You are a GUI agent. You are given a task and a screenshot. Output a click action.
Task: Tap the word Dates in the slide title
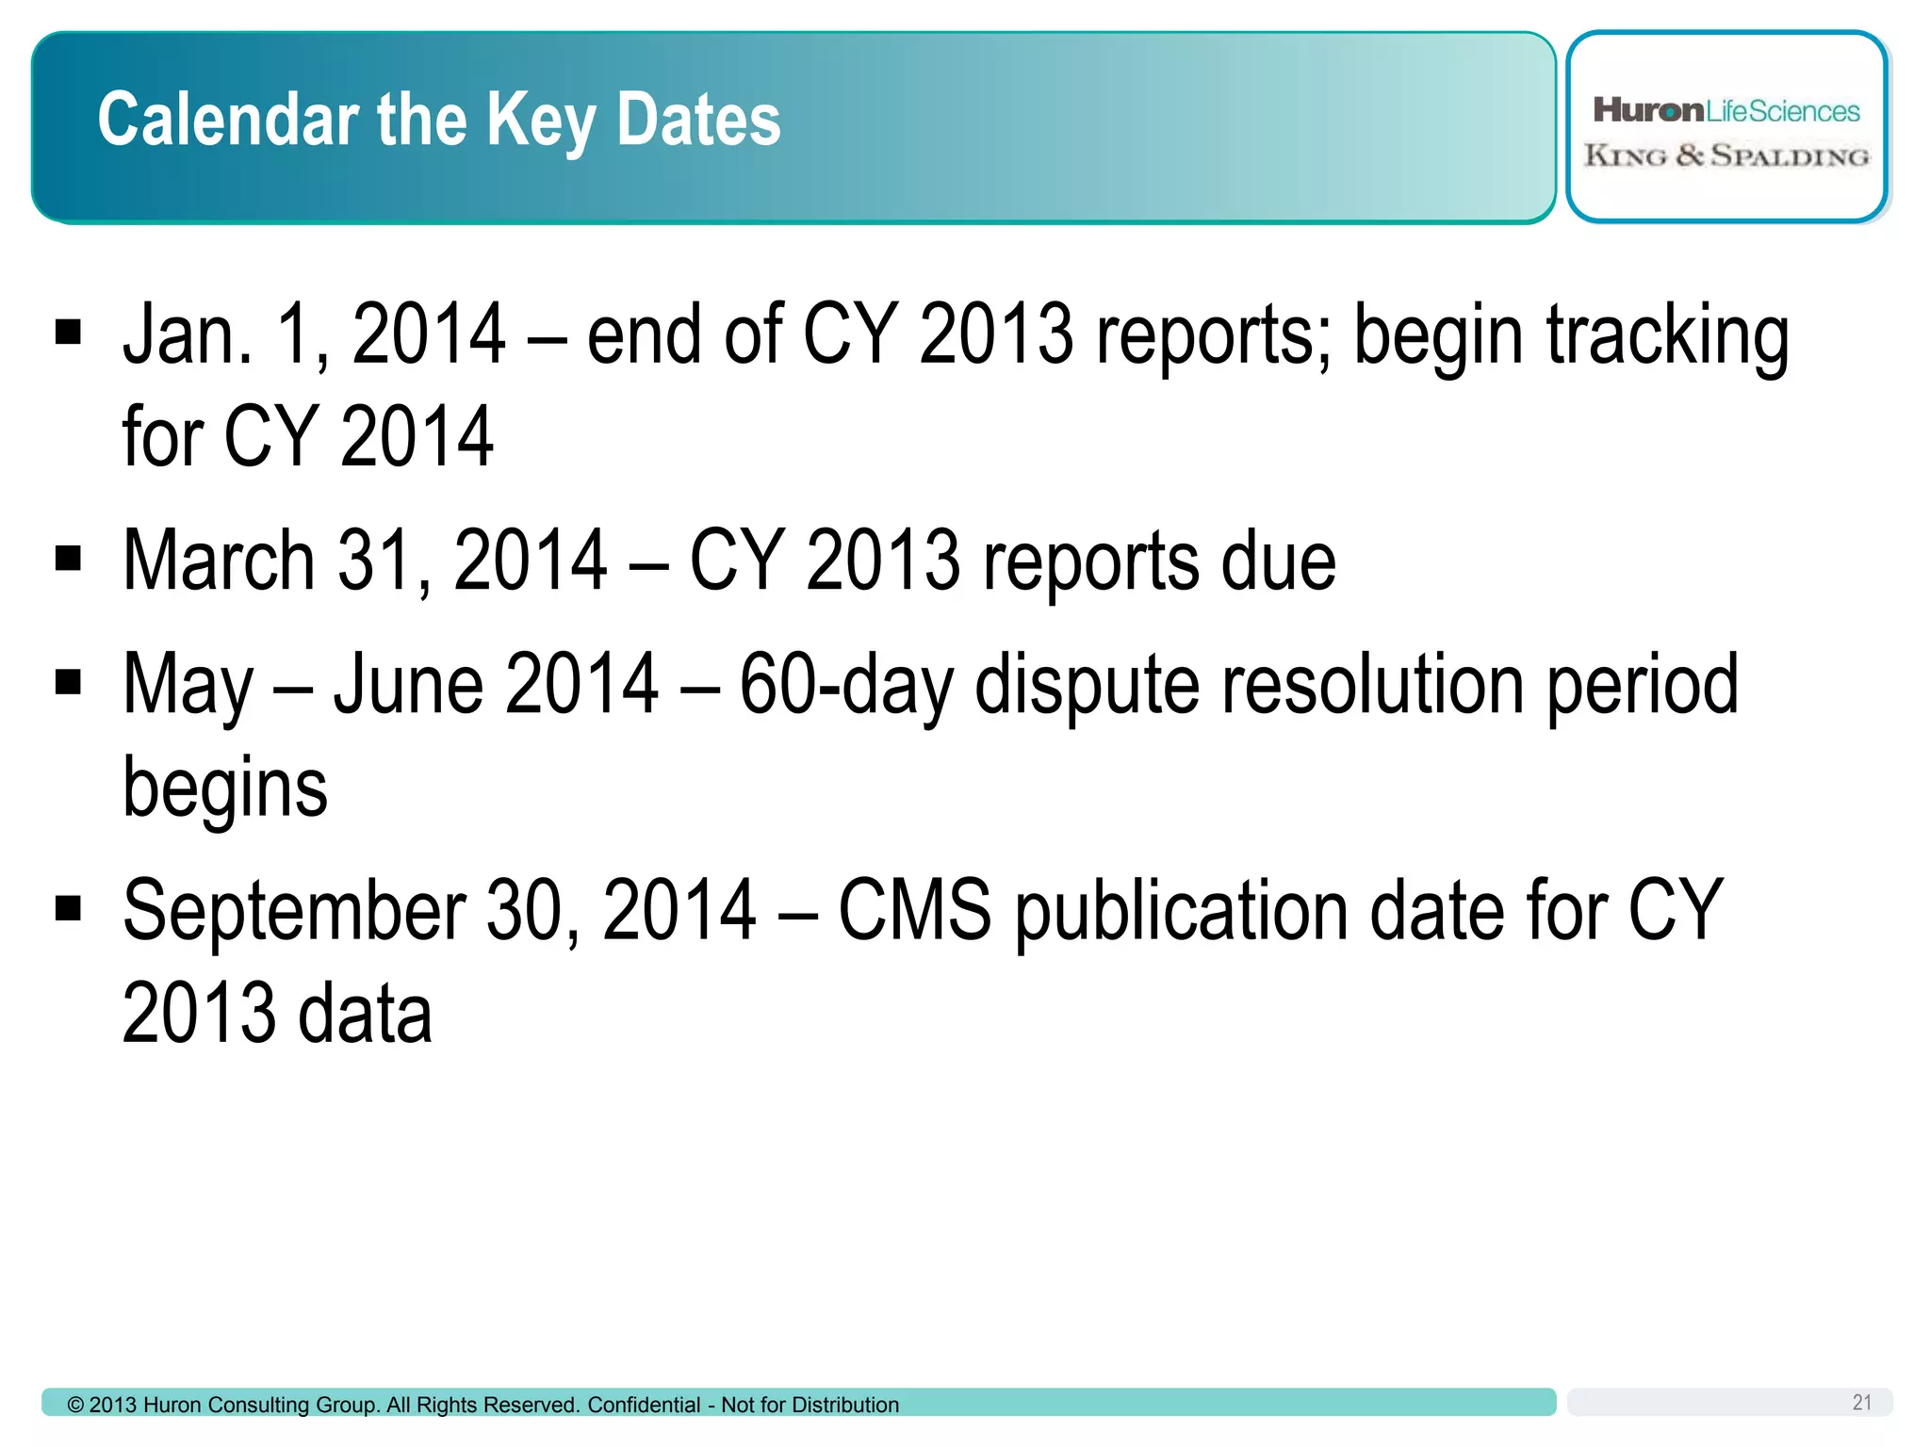coord(698,120)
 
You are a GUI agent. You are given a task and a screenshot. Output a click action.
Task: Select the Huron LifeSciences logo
coord(1726,111)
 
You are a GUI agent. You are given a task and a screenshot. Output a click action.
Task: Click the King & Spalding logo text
coord(1726,155)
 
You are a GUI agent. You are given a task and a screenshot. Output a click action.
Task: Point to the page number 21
coord(1861,1403)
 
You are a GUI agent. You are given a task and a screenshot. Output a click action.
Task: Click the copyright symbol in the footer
coord(75,1406)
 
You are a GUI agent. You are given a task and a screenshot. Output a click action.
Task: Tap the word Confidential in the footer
coord(644,1406)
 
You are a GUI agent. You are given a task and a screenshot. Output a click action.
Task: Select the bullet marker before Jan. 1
coord(69,333)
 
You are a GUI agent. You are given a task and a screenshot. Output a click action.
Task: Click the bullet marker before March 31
coord(69,559)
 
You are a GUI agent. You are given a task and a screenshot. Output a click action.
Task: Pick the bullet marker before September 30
coord(69,908)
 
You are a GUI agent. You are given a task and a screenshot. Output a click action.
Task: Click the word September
coord(294,912)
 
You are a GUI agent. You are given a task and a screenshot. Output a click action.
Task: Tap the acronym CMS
coord(914,910)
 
